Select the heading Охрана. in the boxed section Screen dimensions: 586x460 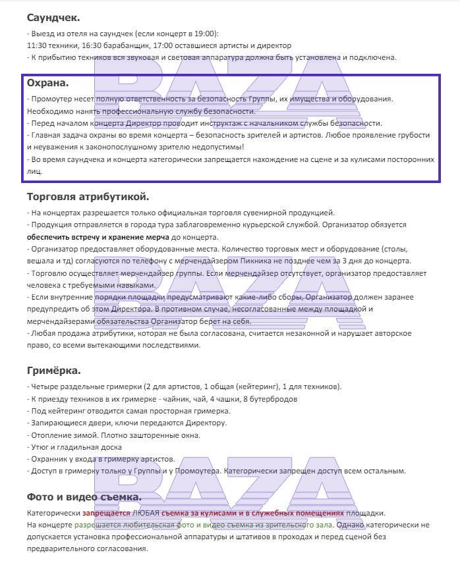click(x=47, y=84)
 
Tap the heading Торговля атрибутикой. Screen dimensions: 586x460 click(x=88, y=196)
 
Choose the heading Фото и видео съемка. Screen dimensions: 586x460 click(x=84, y=496)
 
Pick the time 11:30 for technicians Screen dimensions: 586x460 click(x=37, y=45)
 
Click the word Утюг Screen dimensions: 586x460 click(x=41, y=446)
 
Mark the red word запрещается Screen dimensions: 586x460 click(x=105, y=512)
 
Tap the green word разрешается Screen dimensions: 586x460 click(x=100, y=525)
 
